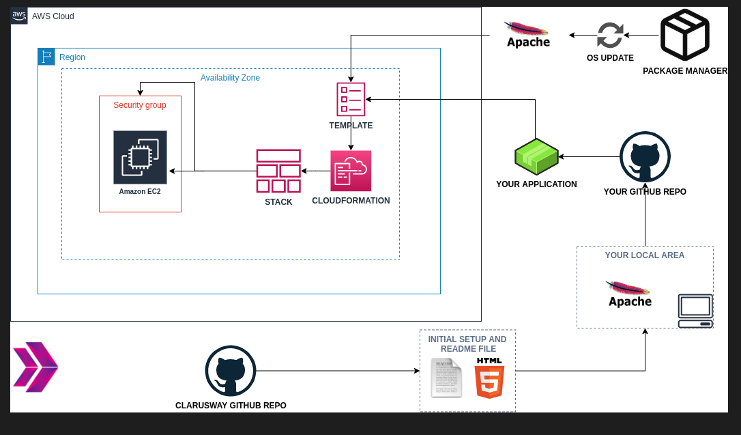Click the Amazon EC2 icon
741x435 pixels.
[140, 157]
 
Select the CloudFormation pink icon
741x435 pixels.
[351, 171]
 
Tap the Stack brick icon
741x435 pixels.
[278, 171]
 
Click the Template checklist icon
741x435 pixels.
[351, 99]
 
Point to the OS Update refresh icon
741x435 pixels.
[610, 36]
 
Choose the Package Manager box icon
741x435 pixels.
[684, 35]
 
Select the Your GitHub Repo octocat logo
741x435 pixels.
[645, 157]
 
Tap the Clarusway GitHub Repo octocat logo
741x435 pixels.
[231, 371]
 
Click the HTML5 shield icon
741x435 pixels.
[489, 378]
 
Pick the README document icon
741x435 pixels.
[446, 378]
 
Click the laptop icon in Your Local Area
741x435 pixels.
[695, 311]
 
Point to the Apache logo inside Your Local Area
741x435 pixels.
[629, 294]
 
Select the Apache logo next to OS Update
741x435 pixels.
[527, 35]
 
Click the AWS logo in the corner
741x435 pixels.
[19, 16]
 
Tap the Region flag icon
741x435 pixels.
[46, 57]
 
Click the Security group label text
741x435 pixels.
[140, 105]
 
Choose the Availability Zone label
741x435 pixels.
[230, 78]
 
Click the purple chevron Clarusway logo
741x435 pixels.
[35, 367]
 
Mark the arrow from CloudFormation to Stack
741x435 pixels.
[316, 171]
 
